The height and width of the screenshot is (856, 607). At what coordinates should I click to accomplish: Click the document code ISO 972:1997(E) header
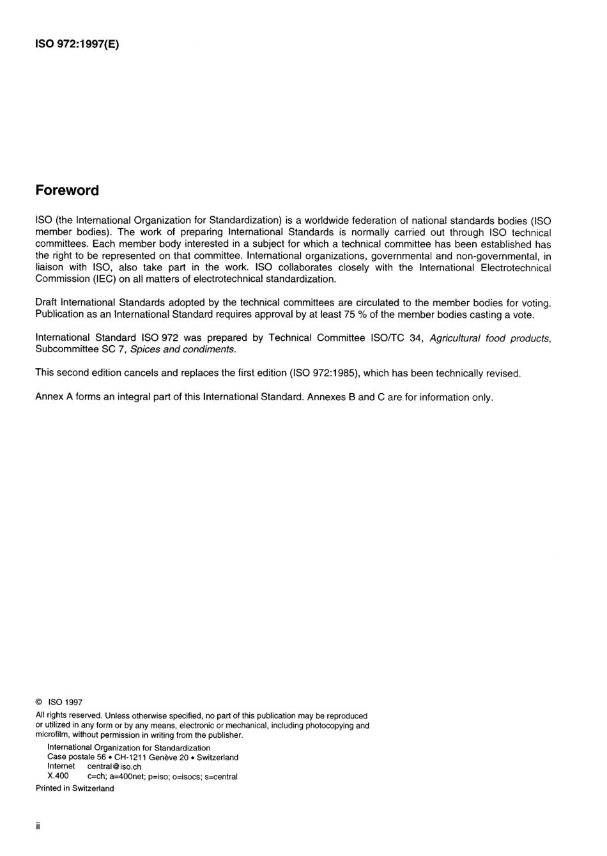[x=77, y=45]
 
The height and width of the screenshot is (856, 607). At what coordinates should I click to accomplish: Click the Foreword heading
[x=67, y=191]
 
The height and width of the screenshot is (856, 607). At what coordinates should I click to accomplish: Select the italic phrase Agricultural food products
[x=489, y=338]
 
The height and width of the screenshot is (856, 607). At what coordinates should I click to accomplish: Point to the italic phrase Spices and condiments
[x=183, y=350]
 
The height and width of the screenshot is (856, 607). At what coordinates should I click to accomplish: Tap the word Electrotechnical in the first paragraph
[x=516, y=268]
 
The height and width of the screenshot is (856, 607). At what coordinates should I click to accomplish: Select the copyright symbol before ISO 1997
[x=39, y=702]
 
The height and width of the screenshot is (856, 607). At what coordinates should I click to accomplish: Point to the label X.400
[x=58, y=776]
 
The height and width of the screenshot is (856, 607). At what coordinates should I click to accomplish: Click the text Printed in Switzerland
[x=75, y=788]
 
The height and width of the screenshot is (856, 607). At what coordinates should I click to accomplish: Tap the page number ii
[x=38, y=826]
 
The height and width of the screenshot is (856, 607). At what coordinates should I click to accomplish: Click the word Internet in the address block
[x=61, y=767]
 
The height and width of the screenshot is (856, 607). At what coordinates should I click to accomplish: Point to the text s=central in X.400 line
[x=221, y=777]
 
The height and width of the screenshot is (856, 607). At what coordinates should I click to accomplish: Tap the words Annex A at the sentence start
[x=54, y=397]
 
